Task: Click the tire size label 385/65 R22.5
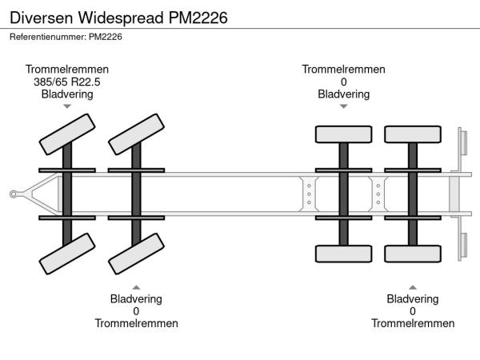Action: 67,82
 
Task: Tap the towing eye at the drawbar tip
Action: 14,193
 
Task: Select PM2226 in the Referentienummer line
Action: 106,36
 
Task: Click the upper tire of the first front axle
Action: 66,133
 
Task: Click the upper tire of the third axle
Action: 343,134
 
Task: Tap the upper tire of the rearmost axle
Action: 412,134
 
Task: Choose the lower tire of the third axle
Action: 343,254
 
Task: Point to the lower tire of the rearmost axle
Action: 412,254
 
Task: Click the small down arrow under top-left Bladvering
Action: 67,106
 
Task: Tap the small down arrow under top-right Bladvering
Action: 343,106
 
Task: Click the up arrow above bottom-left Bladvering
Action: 136,286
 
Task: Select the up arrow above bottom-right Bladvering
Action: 413,286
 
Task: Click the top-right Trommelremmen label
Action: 343,69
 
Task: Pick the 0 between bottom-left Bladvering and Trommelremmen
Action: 136,311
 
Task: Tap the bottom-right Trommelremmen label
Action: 413,323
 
